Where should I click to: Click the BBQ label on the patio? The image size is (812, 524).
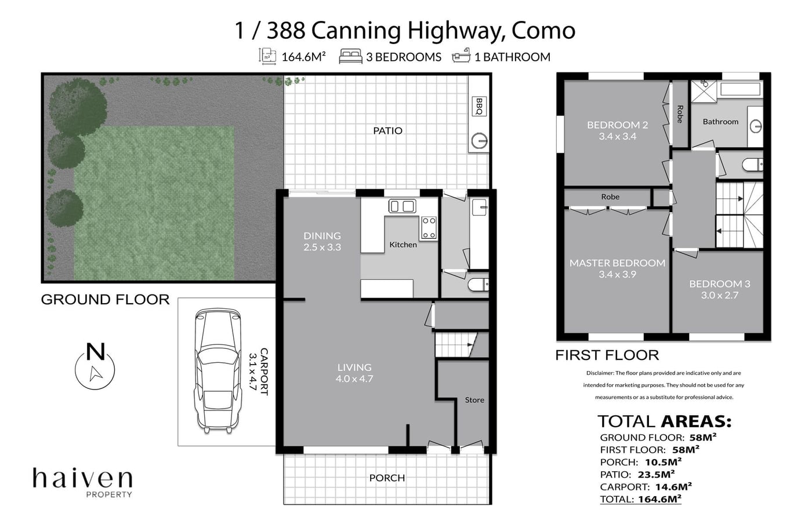tap(479, 106)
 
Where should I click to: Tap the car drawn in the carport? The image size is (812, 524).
tap(218, 370)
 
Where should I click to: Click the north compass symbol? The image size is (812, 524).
tap(95, 366)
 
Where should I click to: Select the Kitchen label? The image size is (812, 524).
tap(403, 245)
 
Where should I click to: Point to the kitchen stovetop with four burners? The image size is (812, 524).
tap(429, 228)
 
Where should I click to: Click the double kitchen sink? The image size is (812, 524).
tap(402, 206)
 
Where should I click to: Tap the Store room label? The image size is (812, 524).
tap(474, 400)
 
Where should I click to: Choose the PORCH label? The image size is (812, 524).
tap(387, 478)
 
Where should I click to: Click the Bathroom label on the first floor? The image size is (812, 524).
tap(720, 122)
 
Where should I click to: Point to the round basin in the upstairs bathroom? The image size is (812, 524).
tap(755, 126)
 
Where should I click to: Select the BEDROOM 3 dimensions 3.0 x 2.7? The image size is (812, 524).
tap(719, 296)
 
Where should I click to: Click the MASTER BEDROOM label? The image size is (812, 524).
tap(617, 263)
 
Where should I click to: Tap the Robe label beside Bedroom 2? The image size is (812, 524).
tap(680, 114)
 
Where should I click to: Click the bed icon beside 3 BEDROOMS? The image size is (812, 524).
tap(350, 56)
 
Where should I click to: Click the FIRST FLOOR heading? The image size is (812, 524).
tap(607, 355)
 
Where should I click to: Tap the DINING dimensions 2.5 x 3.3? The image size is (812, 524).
tap(322, 247)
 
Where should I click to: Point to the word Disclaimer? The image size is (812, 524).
tap(600, 373)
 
